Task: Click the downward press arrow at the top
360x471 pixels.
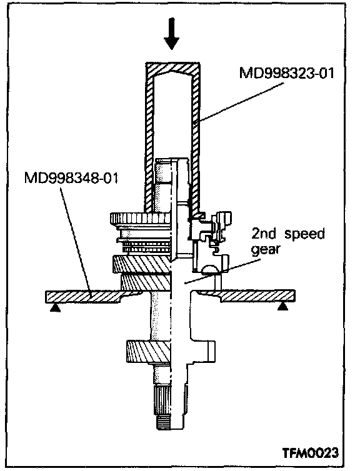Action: (172, 34)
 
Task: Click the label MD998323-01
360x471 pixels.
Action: (287, 73)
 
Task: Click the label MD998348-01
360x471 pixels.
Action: (71, 177)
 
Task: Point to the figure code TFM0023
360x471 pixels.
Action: (311, 452)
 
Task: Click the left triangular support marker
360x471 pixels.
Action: (55, 307)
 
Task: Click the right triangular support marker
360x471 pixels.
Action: (282, 306)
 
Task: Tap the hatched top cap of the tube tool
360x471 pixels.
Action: (172, 68)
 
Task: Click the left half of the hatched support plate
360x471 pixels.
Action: (87, 296)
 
